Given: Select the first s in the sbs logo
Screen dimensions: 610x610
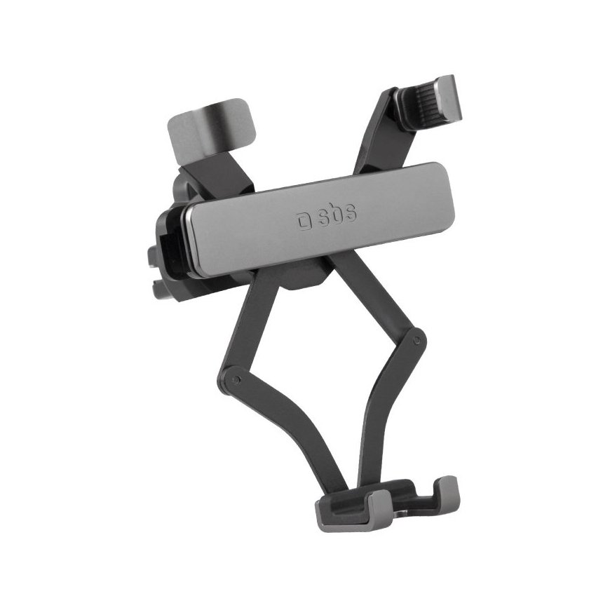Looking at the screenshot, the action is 322,219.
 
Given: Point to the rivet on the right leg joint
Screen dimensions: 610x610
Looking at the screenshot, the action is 416,341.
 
